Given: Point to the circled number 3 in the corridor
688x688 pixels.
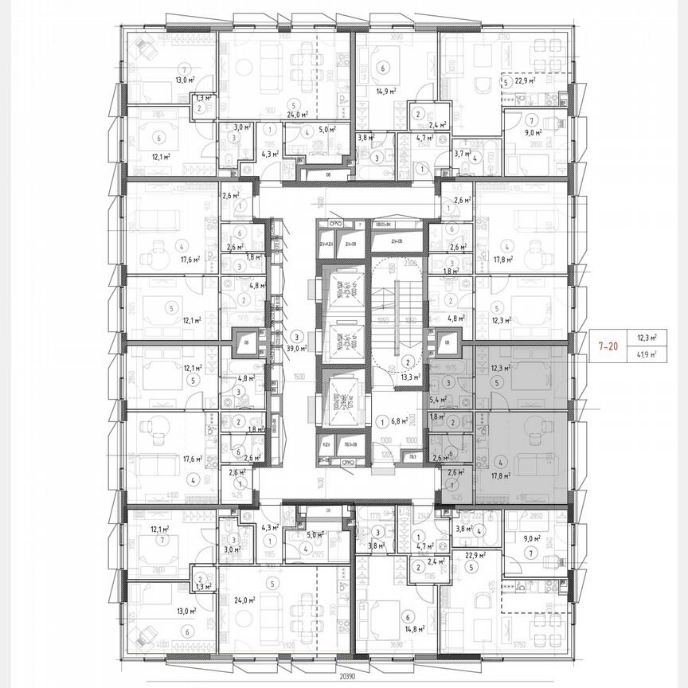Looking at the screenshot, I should tap(296, 336).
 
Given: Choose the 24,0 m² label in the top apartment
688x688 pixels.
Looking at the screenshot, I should tap(297, 114).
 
